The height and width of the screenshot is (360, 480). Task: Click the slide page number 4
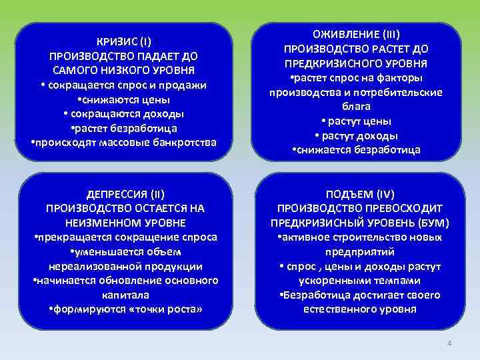(449, 343)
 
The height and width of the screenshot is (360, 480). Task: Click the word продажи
(187, 85)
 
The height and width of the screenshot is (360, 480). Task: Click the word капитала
(125, 295)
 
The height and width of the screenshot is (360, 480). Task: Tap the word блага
(355, 107)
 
